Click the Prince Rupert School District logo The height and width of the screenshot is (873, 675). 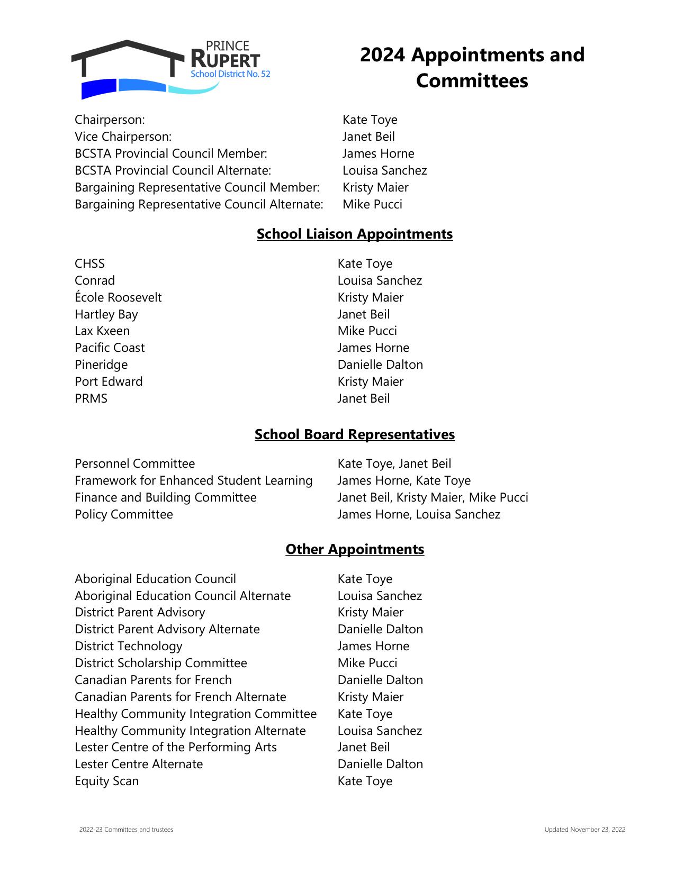coord(170,69)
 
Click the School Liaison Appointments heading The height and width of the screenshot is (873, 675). coord(354,234)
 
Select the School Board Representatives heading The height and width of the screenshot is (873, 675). coord(354,434)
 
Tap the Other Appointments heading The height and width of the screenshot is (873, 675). coord(354,549)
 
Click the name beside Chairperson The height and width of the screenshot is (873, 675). coord(370,120)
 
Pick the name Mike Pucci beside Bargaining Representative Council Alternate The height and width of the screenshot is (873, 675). coord(372,204)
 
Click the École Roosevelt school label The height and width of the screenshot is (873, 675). coord(118,297)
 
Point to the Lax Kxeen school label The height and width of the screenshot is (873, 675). coord(102,331)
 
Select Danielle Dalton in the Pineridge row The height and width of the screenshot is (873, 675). coord(380,365)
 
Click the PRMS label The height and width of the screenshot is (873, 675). coord(91,398)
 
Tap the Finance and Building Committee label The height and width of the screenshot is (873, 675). coord(165,497)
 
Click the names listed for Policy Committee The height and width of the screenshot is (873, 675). coord(419,514)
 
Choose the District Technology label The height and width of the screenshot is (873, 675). coord(128,646)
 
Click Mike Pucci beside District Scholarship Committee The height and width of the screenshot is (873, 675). coord(367,663)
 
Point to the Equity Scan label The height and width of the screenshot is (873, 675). coord(106,781)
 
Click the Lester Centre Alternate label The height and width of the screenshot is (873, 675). coord(139,764)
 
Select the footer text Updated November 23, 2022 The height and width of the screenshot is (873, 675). coord(584,830)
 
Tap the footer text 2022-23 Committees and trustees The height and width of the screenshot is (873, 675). coord(126,830)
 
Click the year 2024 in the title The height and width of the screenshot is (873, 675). coord(382,55)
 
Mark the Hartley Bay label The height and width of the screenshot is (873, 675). coord(106,314)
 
